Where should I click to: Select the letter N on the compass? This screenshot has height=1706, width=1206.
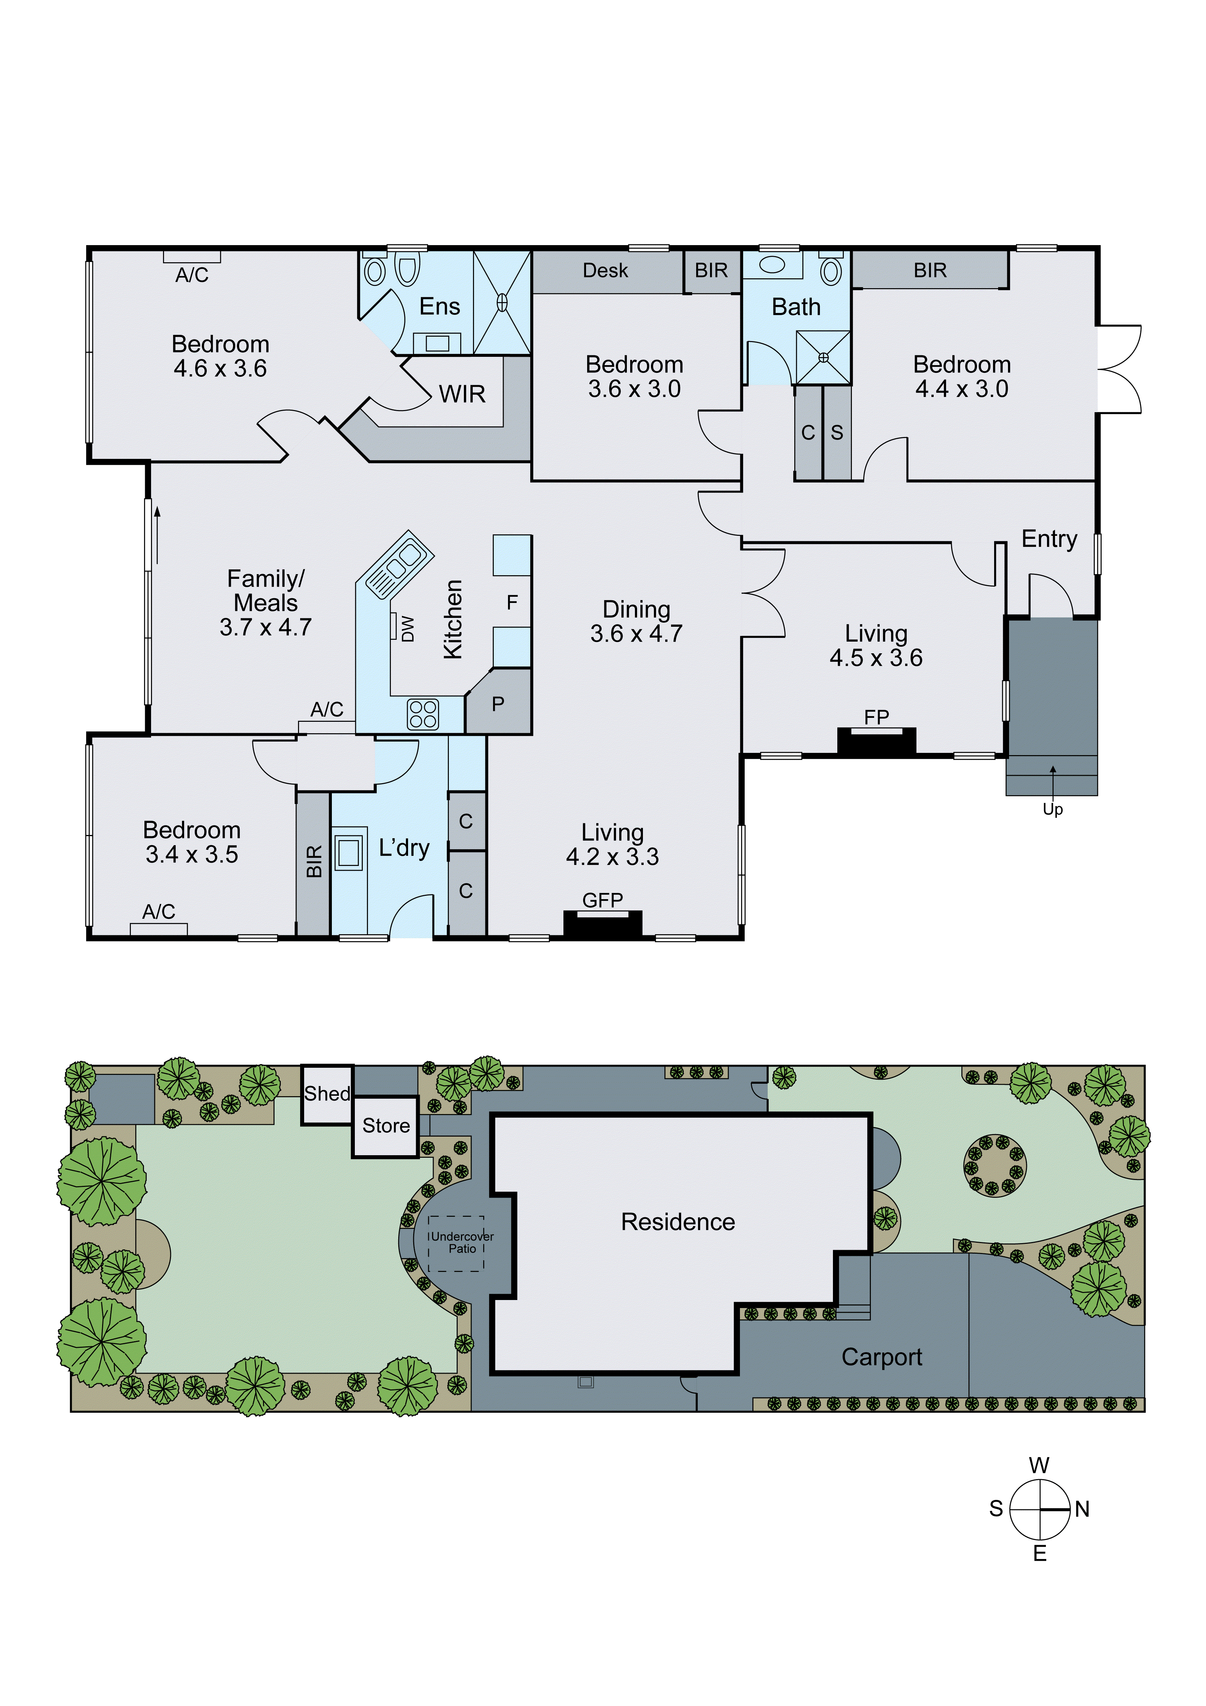[x=1082, y=1509]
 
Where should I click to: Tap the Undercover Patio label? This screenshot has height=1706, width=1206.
[x=461, y=1242]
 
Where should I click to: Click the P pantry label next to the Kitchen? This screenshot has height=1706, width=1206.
[x=498, y=704]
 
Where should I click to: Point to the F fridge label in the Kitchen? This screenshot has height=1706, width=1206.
[x=512, y=602]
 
